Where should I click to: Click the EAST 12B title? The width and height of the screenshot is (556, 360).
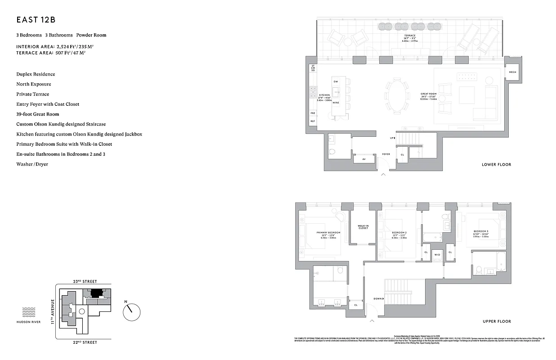[x=36, y=20]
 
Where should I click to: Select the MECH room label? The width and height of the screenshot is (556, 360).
[x=512, y=72]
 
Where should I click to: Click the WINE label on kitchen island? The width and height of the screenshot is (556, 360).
[x=336, y=103]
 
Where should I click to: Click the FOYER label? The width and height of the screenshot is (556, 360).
[x=386, y=154]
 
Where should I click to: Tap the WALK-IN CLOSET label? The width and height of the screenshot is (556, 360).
[x=363, y=227]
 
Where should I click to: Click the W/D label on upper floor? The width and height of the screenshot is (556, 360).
[x=437, y=255]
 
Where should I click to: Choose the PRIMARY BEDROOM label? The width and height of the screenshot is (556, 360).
[x=328, y=232]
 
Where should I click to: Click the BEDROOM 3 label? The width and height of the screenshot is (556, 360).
[x=481, y=231]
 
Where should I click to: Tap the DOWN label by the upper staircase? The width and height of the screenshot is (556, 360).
[x=378, y=298]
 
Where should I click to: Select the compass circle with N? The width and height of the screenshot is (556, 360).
[x=131, y=311]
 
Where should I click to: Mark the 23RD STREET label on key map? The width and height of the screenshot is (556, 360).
[x=85, y=281]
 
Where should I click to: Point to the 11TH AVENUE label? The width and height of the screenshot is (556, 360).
[x=53, y=311]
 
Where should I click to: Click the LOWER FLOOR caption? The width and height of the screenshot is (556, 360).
[x=496, y=165]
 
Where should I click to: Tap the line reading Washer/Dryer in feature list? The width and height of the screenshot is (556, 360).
[x=32, y=164]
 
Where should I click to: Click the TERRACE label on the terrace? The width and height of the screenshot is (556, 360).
[x=409, y=36]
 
